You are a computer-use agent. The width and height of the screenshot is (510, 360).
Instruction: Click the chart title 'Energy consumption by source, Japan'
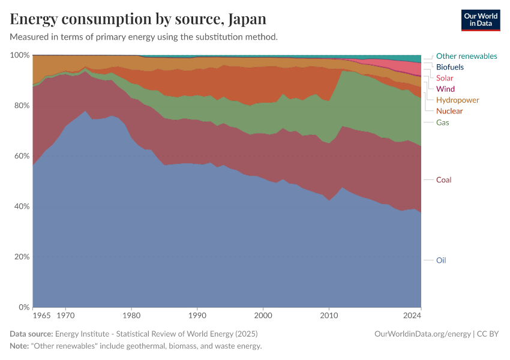(x=138, y=19)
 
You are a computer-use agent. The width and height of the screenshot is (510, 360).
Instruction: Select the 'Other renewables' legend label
(x=466, y=56)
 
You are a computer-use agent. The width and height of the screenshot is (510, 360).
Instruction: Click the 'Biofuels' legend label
(x=450, y=67)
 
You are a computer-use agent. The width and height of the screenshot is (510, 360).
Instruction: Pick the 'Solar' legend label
(x=445, y=78)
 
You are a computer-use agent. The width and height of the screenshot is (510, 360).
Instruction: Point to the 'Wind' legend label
(x=445, y=89)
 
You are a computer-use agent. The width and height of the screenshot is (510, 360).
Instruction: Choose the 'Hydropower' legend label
(x=458, y=100)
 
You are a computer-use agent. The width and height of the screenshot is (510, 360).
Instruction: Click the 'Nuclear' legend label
(x=449, y=111)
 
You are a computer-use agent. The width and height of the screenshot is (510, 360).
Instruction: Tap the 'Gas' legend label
(x=443, y=122)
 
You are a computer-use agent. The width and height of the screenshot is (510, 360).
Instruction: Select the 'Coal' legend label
(x=443, y=180)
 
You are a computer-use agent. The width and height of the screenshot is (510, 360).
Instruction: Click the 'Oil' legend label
(x=441, y=260)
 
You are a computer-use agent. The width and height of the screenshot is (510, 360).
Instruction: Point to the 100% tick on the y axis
(x=20, y=55)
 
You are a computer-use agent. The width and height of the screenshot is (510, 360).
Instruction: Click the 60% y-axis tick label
(x=22, y=156)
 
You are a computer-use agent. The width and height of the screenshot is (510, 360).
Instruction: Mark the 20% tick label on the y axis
(x=22, y=257)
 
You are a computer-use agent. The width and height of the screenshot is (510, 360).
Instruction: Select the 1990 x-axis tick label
(x=197, y=315)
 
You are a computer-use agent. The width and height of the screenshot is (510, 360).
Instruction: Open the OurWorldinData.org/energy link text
(x=422, y=334)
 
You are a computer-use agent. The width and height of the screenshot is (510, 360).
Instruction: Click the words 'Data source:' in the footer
(x=31, y=334)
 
